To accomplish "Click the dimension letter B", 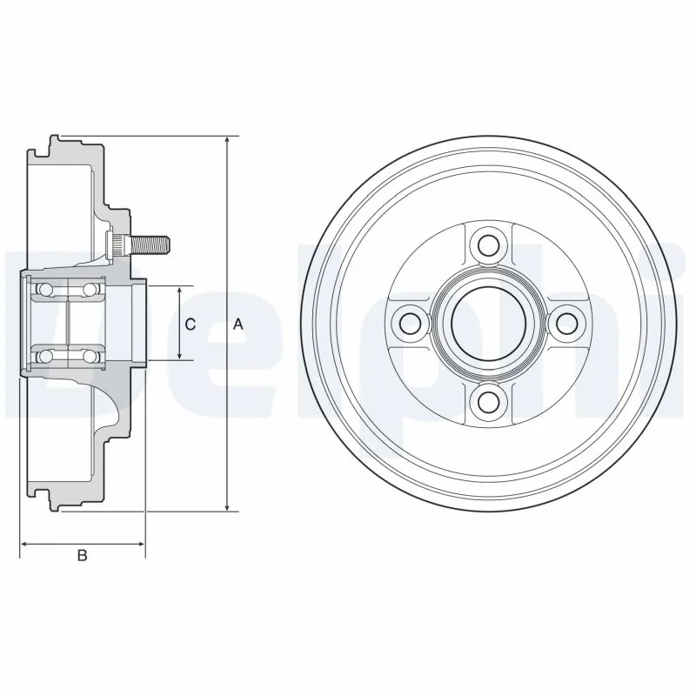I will coord(83,556).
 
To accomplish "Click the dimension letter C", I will coord(191,324).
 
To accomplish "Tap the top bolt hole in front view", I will coord(490,244).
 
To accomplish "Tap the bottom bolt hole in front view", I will coord(490,400).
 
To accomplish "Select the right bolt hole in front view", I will coord(568,323).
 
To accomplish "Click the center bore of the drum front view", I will coord(490,323).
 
